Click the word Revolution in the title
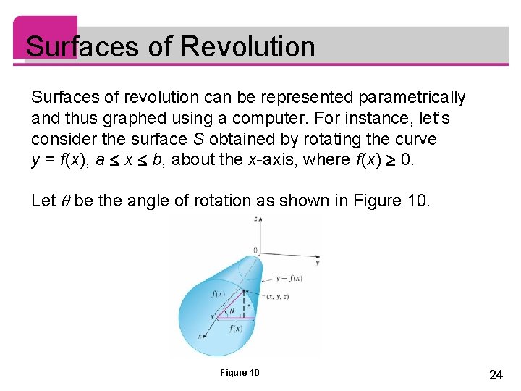pyautogui.click(x=247, y=47)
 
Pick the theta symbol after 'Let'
pyautogui.click(x=64, y=201)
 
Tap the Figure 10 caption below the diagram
pyautogui.click(x=240, y=373)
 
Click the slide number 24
pyautogui.click(x=496, y=374)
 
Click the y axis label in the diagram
pyautogui.click(x=317, y=261)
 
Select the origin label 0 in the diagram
pyautogui.click(x=255, y=251)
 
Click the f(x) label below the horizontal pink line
pyautogui.click(x=235, y=328)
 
